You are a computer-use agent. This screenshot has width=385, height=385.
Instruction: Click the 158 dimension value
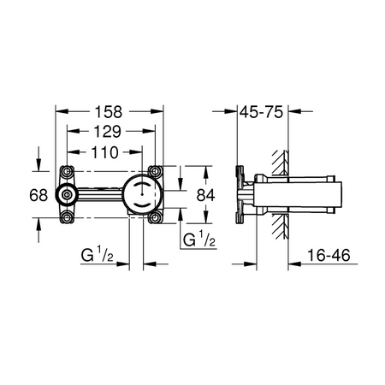pyautogui.click(x=109, y=112)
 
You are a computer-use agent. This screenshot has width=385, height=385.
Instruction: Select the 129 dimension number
pyautogui.click(x=108, y=132)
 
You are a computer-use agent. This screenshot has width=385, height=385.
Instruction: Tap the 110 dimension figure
pyautogui.click(x=105, y=152)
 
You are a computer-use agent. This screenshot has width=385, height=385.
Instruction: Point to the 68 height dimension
pyautogui.click(x=38, y=195)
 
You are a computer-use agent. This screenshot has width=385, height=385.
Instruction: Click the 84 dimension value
pyautogui.click(x=205, y=195)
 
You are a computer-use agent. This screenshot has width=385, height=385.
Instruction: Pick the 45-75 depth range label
pyautogui.click(x=261, y=112)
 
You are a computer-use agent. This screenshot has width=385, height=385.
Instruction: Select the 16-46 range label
pyautogui.click(x=329, y=255)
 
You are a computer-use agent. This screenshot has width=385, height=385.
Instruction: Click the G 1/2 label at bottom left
pyautogui.click(x=97, y=254)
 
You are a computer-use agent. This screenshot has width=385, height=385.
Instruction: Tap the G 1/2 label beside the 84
pyautogui.click(x=199, y=239)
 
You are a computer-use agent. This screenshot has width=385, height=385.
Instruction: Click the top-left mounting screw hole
pyautogui.click(x=67, y=171)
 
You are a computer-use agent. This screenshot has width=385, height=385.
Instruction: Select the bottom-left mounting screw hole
pyautogui.click(x=67, y=218)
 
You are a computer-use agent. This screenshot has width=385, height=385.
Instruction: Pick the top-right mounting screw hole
pyautogui.click(x=155, y=171)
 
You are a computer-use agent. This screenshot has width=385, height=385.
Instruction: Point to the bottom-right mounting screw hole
pyautogui.click(x=155, y=218)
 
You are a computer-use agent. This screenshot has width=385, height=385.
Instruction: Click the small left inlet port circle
pyautogui.click(x=67, y=195)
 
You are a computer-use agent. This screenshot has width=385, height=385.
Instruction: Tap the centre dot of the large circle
pyautogui.click(x=142, y=194)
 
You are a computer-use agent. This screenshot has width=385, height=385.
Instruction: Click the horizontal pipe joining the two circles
pyautogui.click(x=100, y=194)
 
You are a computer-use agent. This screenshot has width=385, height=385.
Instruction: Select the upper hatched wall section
pyautogui.click(x=280, y=162)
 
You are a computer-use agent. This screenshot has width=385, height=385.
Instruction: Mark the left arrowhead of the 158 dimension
pyautogui.click(x=62, y=111)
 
